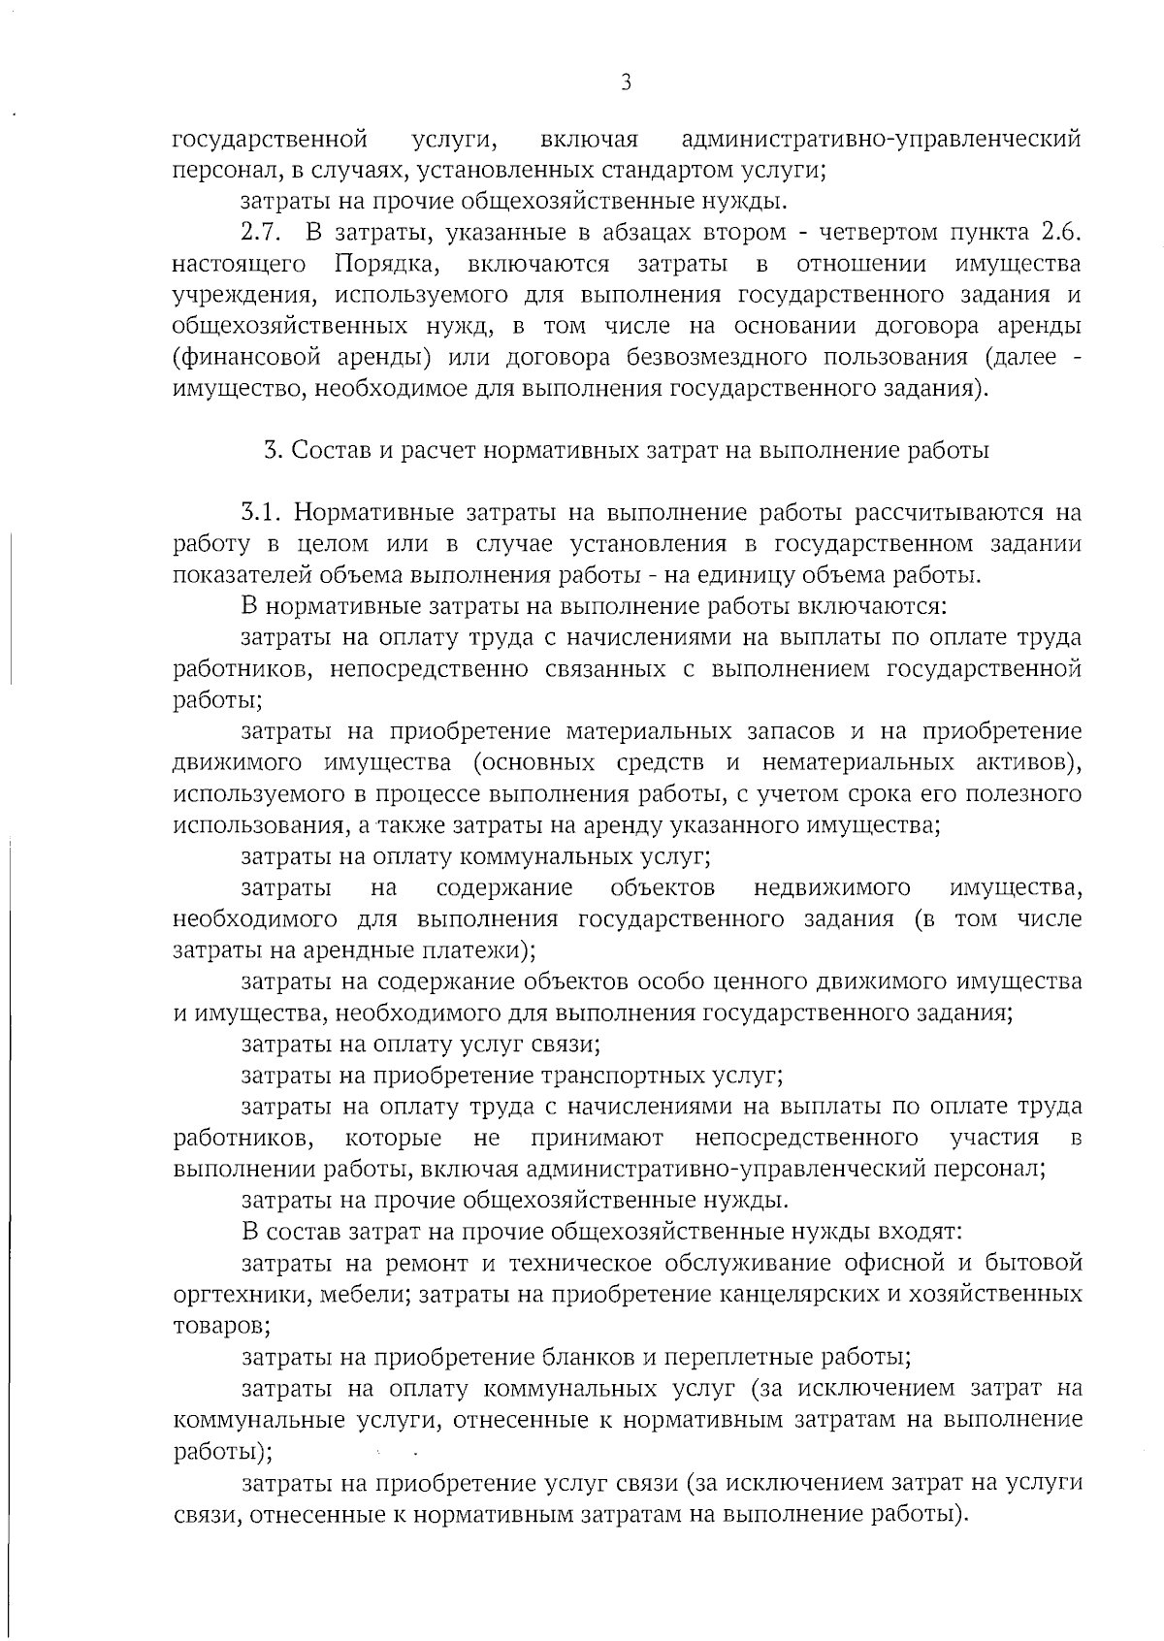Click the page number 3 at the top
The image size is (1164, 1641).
click(x=626, y=83)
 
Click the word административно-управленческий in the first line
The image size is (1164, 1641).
click(x=882, y=140)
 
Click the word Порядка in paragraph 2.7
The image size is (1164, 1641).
click(x=389, y=264)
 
